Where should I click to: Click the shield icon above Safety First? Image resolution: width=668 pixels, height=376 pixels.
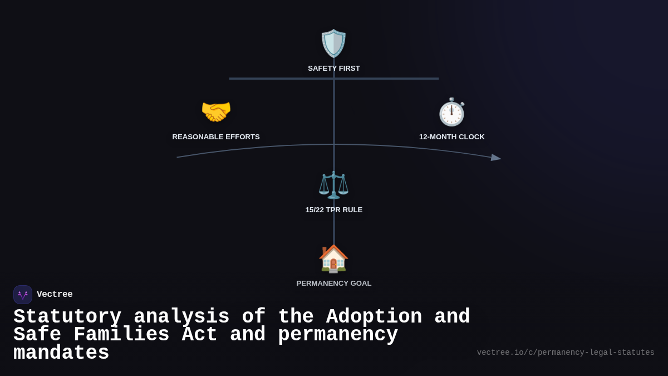point(333,43)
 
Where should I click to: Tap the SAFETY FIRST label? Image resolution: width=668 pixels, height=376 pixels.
point(334,69)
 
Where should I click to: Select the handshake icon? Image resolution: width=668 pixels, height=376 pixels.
point(216,112)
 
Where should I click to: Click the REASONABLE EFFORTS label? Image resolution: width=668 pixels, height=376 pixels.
point(216,137)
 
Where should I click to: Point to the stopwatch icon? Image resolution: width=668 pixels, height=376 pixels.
point(451,112)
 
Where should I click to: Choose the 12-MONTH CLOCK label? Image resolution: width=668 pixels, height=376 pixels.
point(452,137)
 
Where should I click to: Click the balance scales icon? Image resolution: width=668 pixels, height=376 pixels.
point(333,185)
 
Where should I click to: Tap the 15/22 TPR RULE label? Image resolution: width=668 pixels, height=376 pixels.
point(334,210)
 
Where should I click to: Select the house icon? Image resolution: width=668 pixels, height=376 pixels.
point(333,258)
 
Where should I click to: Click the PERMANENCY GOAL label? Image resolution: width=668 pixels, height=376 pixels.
point(334,284)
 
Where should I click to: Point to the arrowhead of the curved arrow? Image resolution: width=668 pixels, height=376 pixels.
point(496,158)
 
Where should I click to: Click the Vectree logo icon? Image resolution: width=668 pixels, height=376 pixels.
point(23,295)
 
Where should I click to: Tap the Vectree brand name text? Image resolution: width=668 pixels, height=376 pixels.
point(55,295)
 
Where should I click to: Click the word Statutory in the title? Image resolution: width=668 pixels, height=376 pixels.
point(67,317)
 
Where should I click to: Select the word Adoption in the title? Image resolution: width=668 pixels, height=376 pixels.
point(374,317)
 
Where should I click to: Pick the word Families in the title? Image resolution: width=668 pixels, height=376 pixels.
point(121,335)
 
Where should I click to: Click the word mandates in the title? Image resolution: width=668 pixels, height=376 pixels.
point(61,353)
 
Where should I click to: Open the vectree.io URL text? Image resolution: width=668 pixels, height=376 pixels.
point(566,353)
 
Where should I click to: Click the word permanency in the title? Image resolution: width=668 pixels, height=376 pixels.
point(338,335)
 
